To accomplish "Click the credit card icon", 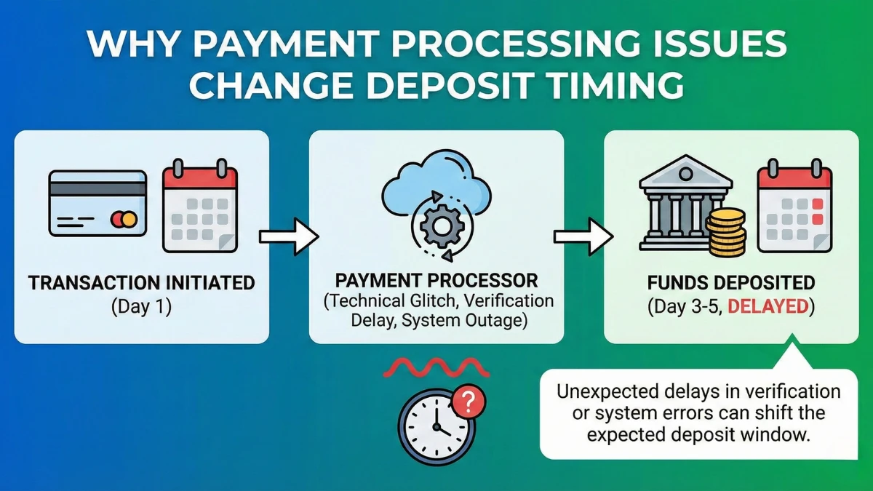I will click(x=97, y=203).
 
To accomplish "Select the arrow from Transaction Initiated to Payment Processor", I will click(x=289, y=236).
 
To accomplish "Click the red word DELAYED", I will click(x=768, y=306).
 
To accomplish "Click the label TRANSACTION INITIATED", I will click(x=142, y=282).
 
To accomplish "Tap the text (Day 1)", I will click(x=142, y=306).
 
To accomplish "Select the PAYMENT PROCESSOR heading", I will click(x=436, y=280).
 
